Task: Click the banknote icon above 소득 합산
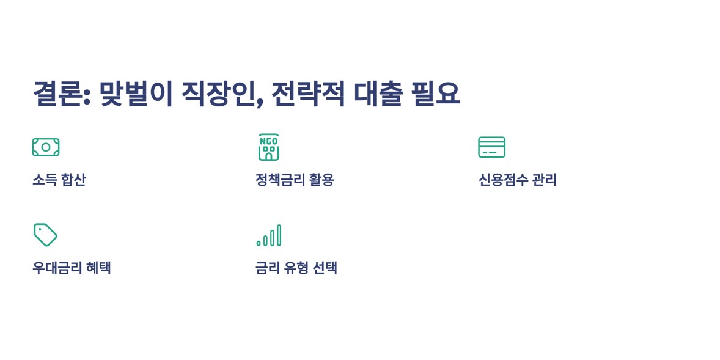tap(46, 147)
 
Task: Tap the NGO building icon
tap(268, 147)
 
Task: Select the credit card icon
tap(491, 147)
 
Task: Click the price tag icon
tap(45, 235)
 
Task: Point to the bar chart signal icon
tap(268, 235)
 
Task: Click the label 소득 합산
tap(59, 180)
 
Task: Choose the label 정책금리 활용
tap(295, 180)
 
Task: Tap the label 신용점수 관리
tap(517, 180)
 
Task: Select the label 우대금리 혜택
tap(72, 268)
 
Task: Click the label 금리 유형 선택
tap(296, 268)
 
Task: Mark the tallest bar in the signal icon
tap(279, 235)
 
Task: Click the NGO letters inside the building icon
tap(268, 141)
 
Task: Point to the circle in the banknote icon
tap(46, 147)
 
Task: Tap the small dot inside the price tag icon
tap(40, 229)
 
